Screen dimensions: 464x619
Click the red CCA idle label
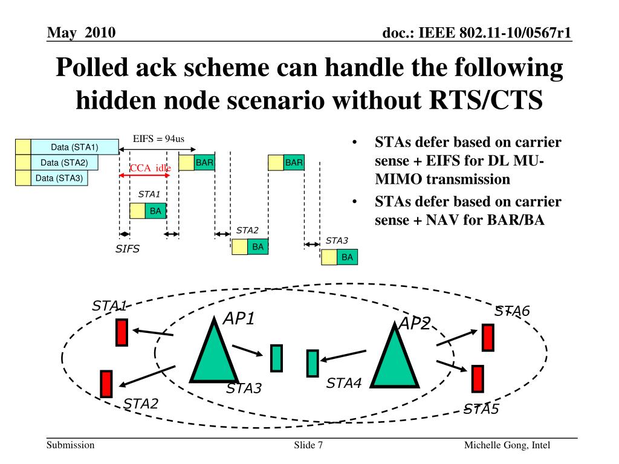pyautogui.click(x=150, y=167)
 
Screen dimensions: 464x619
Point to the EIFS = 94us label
pyautogui.click(x=158, y=139)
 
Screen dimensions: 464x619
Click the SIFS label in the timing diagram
pyautogui.click(x=128, y=249)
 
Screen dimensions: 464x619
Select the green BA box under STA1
pyautogui.click(x=156, y=210)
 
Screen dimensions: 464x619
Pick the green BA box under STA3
pyautogui.click(x=347, y=257)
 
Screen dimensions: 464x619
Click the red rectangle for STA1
pyautogui.click(x=122, y=332)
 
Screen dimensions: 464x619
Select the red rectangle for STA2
pyautogui.click(x=106, y=383)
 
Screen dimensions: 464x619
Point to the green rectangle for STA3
pyautogui.click(x=276, y=358)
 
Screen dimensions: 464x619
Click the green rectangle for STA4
pyautogui.click(x=312, y=363)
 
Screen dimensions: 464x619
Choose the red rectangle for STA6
pyautogui.click(x=488, y=337)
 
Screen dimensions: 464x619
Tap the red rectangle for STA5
pyautogui.click(x=478, y=379)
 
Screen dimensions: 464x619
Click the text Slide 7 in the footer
pyautogui.click(x=308, y=445)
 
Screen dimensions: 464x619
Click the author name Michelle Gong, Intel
pyautogui.click(x=507, y=445)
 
